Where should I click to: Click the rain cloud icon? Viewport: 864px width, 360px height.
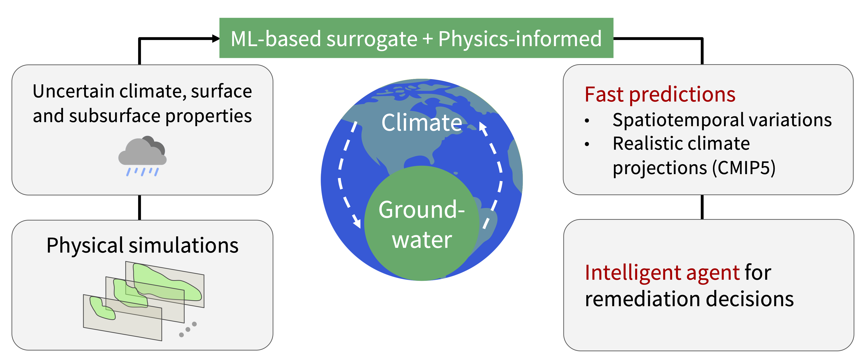pyautogui.click(x=142, y=156)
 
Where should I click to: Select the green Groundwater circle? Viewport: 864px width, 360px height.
pyautogui.click(x=422, y=223)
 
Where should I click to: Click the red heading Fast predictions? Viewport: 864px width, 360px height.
pyautogui.click(x=660, y=94)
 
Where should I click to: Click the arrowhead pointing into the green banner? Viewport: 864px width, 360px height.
pyautogui.click(x=216, y=39)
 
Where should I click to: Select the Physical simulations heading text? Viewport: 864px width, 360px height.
pyautogui.click(x=142, y=245)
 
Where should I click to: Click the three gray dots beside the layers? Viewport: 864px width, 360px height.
pyautogui.click(x=188, y=329)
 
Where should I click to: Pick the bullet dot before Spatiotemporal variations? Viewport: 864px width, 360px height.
pyautogui.click(x=587, y=121)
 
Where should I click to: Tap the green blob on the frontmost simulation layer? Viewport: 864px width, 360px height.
pyautogui.click(x=102, y=308)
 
